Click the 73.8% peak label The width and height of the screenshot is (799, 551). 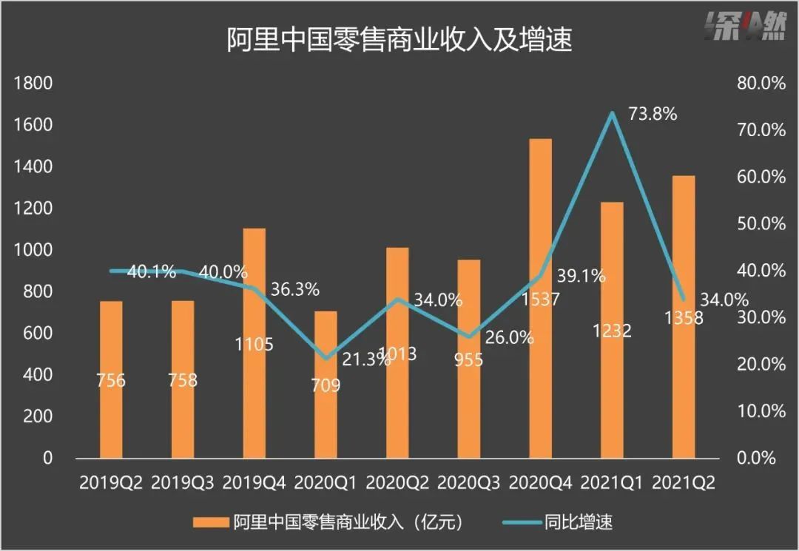pos(653,115)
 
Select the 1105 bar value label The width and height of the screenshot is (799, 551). pos(254,344)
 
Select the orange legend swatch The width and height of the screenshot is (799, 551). pos(209,523)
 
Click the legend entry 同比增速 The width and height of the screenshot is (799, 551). pos(584,523)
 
